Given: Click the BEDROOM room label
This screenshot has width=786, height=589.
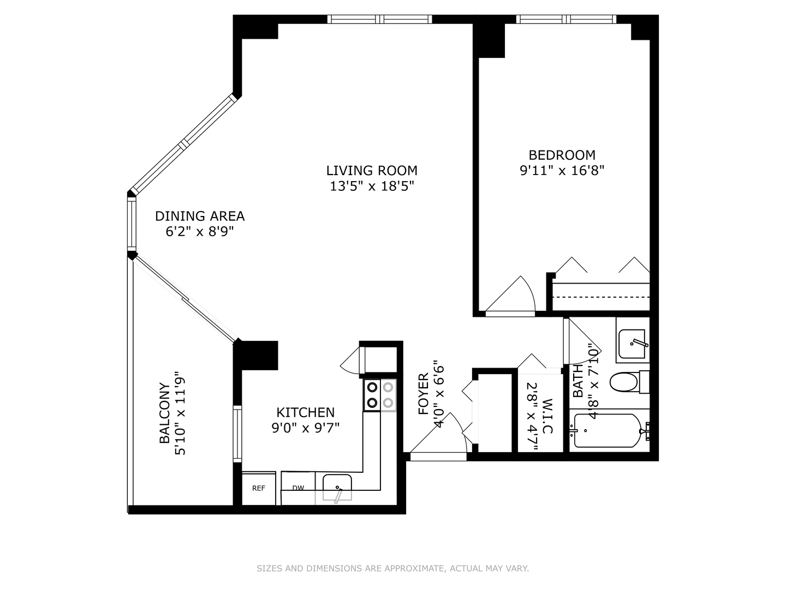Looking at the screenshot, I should (562, 155).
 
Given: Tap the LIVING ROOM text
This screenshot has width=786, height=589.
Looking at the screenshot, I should (372, 171).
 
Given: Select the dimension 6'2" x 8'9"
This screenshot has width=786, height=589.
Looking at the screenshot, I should (200, 232).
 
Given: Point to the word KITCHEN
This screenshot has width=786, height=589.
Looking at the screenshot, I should (305, 412).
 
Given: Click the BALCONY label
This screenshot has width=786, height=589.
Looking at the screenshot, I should (164, 413).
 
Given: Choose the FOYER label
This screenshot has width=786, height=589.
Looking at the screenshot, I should (424, 394).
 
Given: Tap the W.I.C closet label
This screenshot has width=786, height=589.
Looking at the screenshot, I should (547, 417).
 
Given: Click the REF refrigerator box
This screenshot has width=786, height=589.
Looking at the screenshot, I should (258, 488).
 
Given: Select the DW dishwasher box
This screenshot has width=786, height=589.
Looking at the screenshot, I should (298, 488).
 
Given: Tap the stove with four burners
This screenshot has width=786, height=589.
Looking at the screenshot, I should (380, 395).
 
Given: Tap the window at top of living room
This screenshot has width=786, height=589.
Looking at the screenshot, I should (380, 20).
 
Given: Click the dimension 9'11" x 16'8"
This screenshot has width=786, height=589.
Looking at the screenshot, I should (562, 171).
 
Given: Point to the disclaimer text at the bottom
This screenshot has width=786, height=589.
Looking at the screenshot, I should (392, 568).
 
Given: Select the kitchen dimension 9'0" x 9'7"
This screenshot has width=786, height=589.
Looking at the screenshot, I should (305, 428).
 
